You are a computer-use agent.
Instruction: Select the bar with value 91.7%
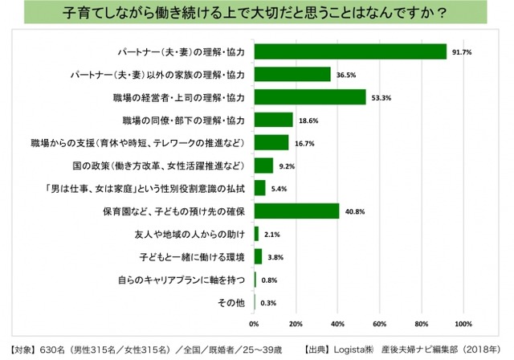pyautogui.click(x=350, y=51)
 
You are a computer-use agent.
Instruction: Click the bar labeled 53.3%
pyautogui.click(x=310, y=97)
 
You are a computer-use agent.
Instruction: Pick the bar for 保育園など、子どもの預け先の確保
pyautogui.click(x=296, y=211)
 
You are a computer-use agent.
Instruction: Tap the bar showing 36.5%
pyautogui.click(x=292, y=75)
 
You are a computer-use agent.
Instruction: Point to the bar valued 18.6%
pyautogui.click(x=273, y=120)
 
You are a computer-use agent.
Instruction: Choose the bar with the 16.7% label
pyautogui.click(x=271, y=143)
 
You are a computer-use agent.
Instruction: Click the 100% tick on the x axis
pyautogui.click(x=463, y=324)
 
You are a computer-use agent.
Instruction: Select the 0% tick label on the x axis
pyautogui.click(x=254, y=324)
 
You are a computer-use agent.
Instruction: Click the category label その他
pyautogui.click(x=232, y=303)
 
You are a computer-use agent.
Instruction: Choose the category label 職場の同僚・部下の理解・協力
pyautogui.click(x=184, y=121)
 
